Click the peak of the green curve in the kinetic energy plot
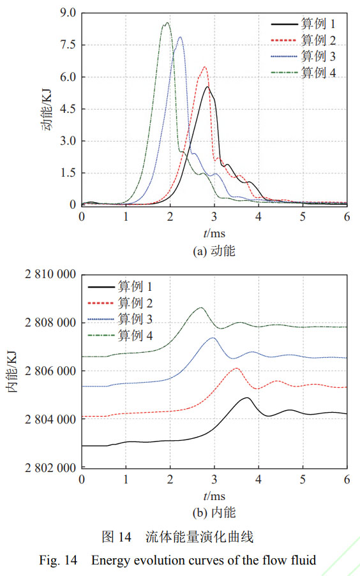pos(167,23)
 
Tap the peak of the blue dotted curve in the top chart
pos(180,37)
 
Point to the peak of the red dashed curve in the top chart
pos(205,66)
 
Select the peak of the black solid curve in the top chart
pos(207,87)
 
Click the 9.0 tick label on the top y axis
pos(67,13)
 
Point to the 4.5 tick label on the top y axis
pos(67,109)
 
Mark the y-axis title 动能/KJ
pos(46,109)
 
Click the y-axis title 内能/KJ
pos(13,371)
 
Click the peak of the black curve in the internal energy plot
pos(246,397)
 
